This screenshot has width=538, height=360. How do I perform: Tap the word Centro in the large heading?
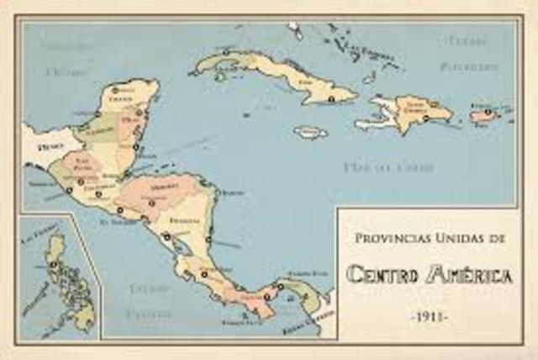382,274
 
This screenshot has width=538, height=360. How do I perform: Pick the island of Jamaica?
310,132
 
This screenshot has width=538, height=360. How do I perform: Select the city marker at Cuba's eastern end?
331,99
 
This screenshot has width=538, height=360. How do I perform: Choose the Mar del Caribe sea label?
389,167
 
